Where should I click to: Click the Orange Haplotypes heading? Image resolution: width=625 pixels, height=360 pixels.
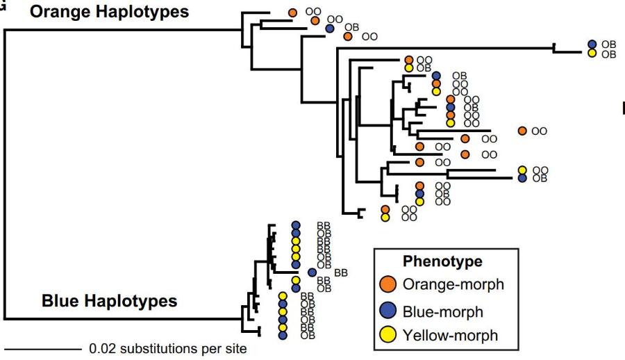click(109, 12)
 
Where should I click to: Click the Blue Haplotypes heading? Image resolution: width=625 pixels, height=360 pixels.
click(109, 300)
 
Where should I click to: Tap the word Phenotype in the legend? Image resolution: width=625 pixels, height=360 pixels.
click(442, 261)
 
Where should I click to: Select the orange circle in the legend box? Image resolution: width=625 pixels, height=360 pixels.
click(387, 284)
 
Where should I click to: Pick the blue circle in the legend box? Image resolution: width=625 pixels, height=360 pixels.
click(387, 311)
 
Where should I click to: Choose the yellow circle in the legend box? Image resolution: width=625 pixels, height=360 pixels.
click(387, 334)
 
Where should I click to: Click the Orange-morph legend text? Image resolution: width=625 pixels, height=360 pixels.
click(453, 284)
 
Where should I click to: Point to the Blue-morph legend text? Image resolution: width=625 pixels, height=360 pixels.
click(443, 311)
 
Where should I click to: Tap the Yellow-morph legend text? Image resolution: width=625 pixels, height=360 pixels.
click(451, 335)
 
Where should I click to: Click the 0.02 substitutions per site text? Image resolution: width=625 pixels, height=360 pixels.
click(168, 349)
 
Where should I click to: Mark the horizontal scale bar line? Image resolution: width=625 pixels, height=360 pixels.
click(42, 350)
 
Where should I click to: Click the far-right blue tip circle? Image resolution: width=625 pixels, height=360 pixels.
click(592, 44)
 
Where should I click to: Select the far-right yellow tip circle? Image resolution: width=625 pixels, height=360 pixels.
click(592, 53)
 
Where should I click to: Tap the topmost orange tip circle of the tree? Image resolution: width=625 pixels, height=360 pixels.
click(292, 13)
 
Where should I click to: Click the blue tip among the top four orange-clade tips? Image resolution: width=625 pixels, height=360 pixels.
click(330, 28)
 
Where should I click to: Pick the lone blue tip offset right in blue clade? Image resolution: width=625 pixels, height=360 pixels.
click(312, 272)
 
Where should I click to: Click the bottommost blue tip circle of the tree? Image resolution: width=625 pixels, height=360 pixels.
click(283, 335)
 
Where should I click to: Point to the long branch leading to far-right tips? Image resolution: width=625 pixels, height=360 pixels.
click(445, 48)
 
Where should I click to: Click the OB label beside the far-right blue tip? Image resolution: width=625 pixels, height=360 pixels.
click(608, 44)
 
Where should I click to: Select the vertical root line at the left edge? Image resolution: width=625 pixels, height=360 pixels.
click(5, 174)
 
